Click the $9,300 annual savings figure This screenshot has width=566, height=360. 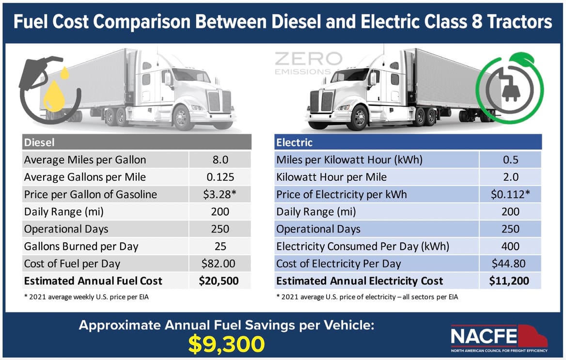coord(227,343)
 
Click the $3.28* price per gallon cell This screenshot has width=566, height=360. coord(220,194)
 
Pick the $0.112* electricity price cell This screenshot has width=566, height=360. coord(510,194)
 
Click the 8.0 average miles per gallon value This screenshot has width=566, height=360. coord(220,160)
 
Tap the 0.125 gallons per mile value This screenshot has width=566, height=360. coord(220,177)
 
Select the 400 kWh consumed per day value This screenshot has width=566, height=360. coord(510,246)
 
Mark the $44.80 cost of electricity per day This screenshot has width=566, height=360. coord(510,264)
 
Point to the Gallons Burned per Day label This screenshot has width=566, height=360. coord(81,246)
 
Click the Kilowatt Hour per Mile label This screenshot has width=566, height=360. coord(331,177)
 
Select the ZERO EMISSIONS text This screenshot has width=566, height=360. coord(308,63)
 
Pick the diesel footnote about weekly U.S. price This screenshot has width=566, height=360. coord(86,297)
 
